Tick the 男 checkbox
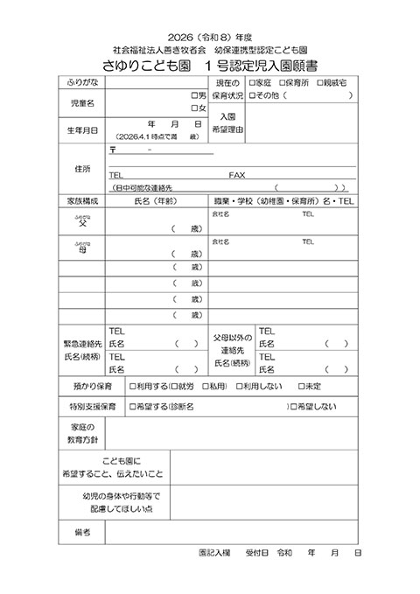coord(194,94)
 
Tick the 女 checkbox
coord(194,108)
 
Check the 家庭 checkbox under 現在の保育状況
coord(252,82)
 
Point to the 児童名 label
coord(82,101)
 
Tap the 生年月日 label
coord(82,130)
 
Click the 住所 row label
coord(82,170)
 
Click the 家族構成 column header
coord(82,200)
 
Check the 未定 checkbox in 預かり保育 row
coord(301,385)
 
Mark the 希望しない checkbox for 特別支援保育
coord(293,407)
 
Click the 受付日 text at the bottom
coord(256,554)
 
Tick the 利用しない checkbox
coord(237,385)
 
